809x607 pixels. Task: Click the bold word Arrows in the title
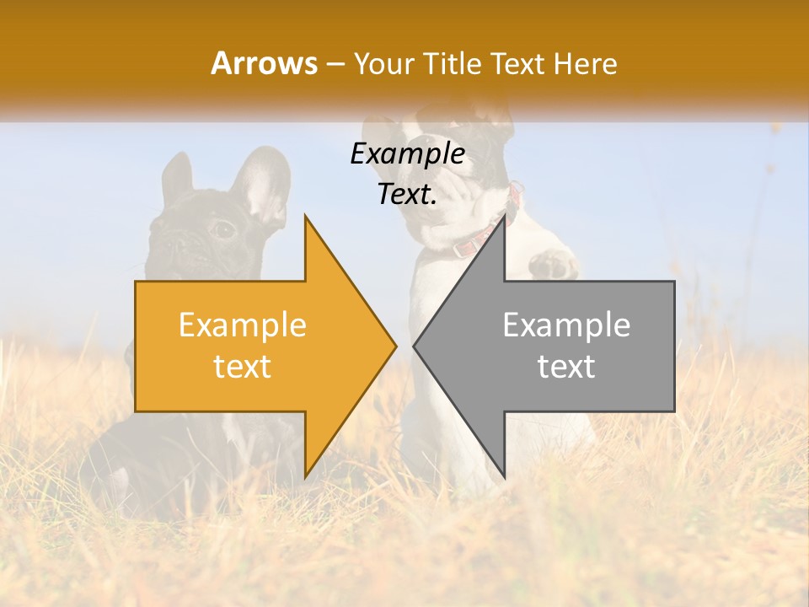(x=265, y=63)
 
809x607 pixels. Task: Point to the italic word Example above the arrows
(x=408, y=154)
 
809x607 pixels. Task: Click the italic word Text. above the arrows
(x=408, y=195)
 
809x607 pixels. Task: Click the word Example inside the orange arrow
(x=243, y=325)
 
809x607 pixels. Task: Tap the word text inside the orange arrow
(x=243, y=367)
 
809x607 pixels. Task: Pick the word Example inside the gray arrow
(x=566, y=325)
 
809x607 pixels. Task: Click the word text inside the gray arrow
(x=566, y=367)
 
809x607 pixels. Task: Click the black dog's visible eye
(x=222, y=228)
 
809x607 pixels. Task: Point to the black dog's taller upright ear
(x=264, y=181)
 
